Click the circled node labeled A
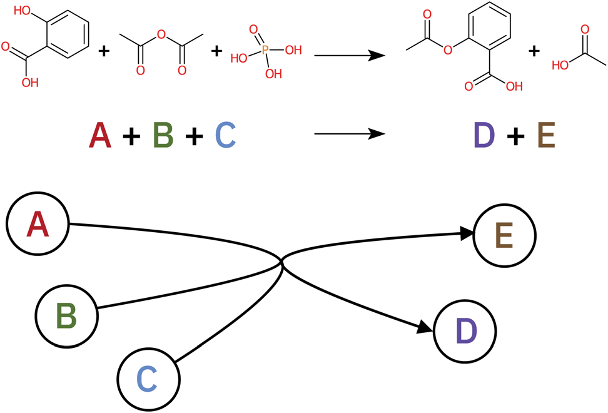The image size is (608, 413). (38, 223)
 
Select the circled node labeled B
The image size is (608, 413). (66, 315)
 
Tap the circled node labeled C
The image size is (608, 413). (148, 378)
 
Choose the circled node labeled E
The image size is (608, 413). (505, 237)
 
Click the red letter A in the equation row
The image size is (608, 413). (100, 135)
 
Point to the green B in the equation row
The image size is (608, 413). (163, 135)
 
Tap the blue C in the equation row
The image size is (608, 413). (225, 135)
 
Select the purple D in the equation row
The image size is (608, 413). (484, 135)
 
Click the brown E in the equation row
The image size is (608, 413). (545, 135)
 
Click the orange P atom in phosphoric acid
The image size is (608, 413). (265, 48)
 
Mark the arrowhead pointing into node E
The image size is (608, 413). (468, 233)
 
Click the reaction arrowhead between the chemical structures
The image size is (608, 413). (376, 55)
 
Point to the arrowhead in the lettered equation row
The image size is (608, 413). (376, 134)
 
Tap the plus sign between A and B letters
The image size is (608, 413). (131, 136)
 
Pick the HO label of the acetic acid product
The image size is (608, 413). (561, 63)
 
